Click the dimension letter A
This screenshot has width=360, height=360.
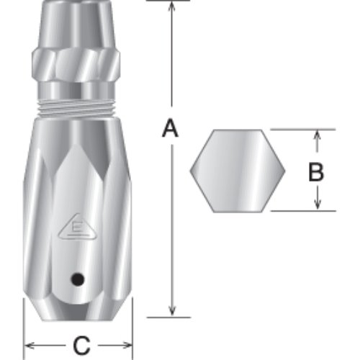click(170, 128)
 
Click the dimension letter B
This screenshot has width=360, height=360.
click(316, 171)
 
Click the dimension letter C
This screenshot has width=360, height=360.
click(81, 346)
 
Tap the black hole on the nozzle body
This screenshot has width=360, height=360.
click(78, 279)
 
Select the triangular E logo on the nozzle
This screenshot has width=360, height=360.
click(77, 227)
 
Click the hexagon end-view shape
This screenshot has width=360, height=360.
click(238, 171)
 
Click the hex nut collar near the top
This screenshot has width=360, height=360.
click(76, 65)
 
